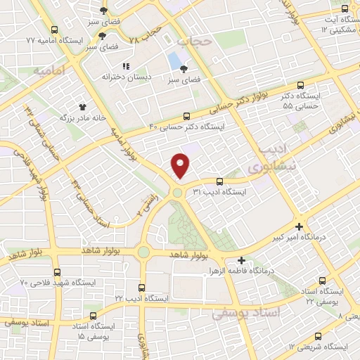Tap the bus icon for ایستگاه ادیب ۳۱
pos(219,181)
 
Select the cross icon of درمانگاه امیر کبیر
pos(300,226)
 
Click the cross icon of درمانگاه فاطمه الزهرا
pos(241,260)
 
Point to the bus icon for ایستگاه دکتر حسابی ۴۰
pos(186,116)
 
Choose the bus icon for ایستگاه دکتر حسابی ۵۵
pos(301,83)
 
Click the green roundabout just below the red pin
pos(178,192)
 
